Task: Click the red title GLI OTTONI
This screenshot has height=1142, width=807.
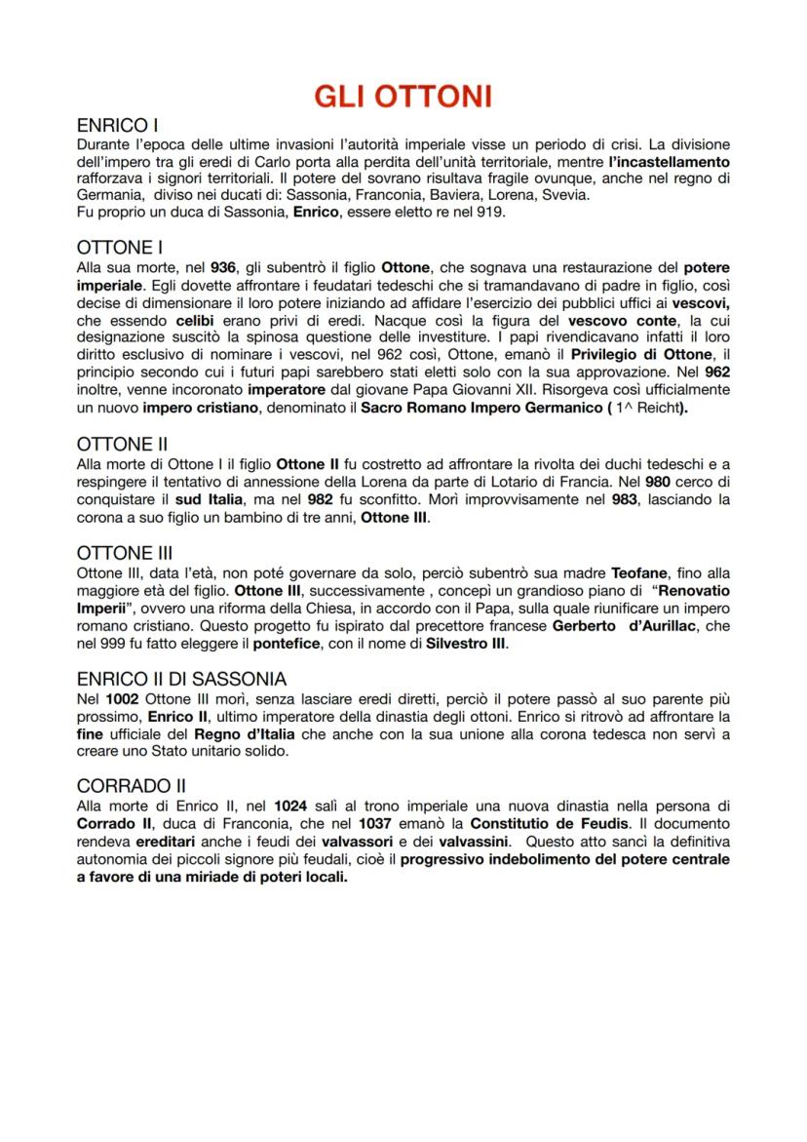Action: click(x=403, y=96)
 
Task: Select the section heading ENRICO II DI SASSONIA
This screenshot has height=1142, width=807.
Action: click(x=181, y=679)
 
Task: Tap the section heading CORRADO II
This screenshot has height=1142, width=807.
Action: click(x=132, y=786)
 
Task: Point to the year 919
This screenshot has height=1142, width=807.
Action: click(x=490, y=211)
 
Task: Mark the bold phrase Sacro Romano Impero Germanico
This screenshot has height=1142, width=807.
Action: click(x=478, y=408)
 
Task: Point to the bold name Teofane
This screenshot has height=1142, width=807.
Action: click(x=642, y=572)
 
